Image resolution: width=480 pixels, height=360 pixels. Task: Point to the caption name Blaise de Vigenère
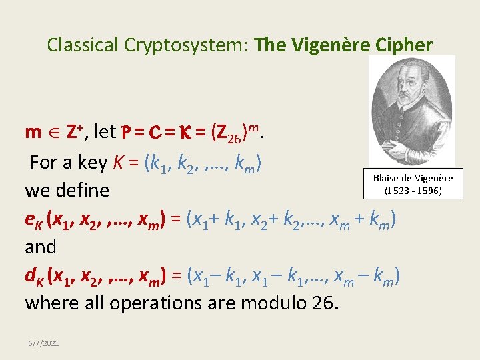pos(413,178)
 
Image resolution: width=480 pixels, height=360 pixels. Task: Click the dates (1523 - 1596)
pos(413,191)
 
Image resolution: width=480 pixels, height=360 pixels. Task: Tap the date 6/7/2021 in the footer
pos(43,343)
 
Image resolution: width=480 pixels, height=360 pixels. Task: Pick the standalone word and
pos(41,247)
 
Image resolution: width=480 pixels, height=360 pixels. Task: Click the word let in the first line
pos(105,132)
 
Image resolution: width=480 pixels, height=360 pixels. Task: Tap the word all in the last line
pos(92,303)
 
